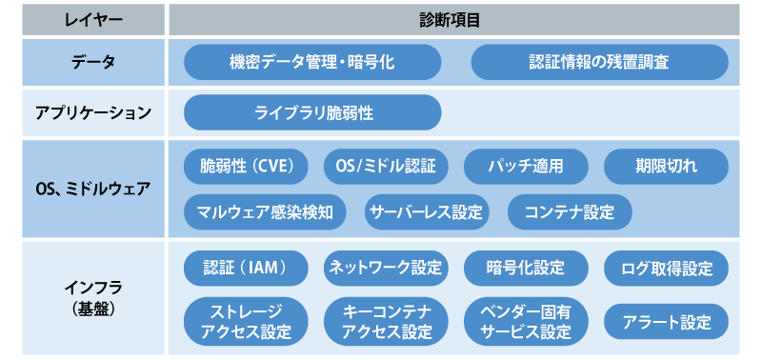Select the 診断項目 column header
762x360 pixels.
(x=449, y=19)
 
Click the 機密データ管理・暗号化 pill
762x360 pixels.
(x=312, y=63)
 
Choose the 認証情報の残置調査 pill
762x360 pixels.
(x=599, y=63)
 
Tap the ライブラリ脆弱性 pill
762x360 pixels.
(x=312, y=112)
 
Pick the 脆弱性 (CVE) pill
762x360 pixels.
(x=246, y=166)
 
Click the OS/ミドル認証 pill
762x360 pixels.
(x=386, y=166)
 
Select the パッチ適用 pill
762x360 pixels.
(x=525, y=166)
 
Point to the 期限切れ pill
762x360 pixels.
(x=666, y=166)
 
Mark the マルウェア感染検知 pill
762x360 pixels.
(x=265, y=211)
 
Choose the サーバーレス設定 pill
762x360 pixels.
(x=426, y=211)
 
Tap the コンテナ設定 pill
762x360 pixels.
(x=570, y=211)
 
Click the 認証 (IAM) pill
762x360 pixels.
(x=246, y=268)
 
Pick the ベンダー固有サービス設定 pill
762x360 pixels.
(x=525, y=322)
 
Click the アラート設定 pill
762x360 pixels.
(x=666, y=322)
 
